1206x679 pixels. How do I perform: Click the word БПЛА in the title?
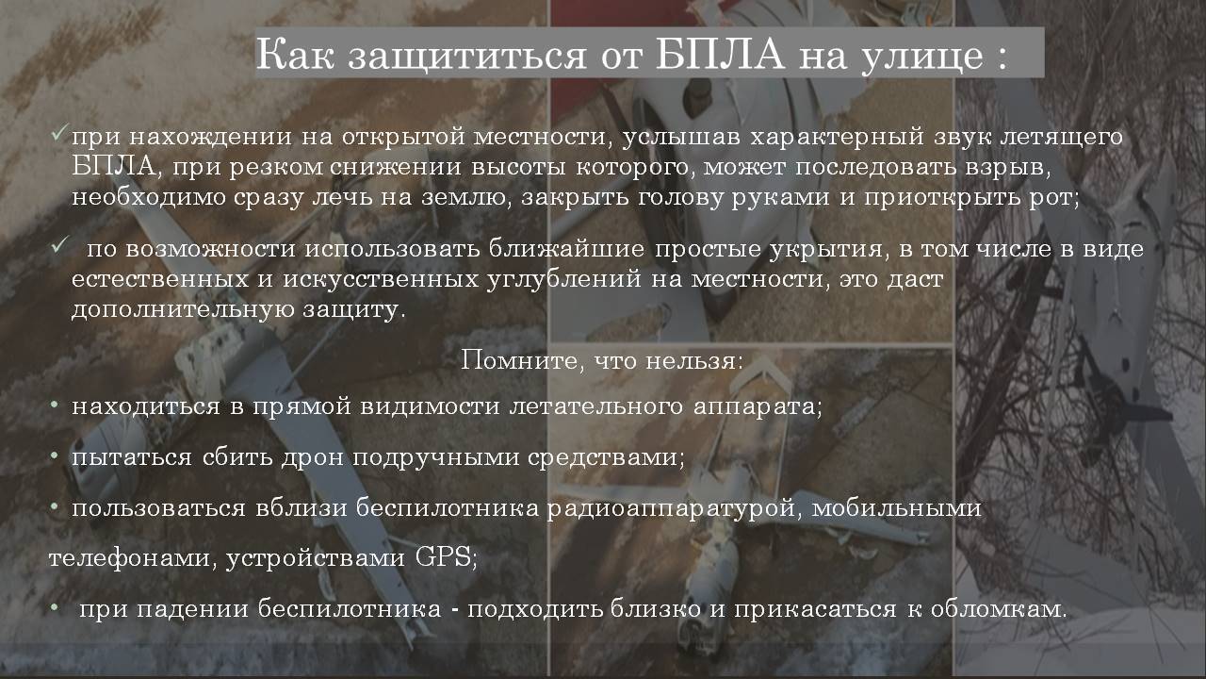pos(720,55)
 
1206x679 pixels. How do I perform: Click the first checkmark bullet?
pos(59,133)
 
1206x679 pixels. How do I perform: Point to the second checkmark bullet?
pos(59,245)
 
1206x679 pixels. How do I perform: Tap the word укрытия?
pos(826,250)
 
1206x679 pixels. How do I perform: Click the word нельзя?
pos(694,360)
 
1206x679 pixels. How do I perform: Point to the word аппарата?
pos(758,407)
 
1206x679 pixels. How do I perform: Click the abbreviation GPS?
pos(446,556)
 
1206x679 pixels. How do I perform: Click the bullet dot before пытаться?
pos(54,456)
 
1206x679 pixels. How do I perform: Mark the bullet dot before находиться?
pos(54,406)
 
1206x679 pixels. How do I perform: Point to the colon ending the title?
pos(1002,58)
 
